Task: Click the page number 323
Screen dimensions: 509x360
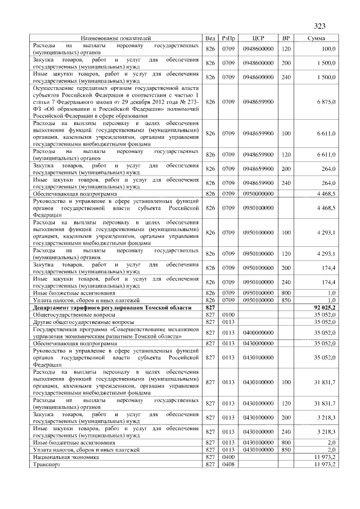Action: tap(320, 25)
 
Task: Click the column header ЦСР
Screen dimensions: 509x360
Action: tap(258, 38)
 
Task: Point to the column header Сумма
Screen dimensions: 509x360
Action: tap(315, 38)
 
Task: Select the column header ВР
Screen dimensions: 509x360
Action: tap(286, 38)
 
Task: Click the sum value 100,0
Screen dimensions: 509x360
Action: tap(328, 49)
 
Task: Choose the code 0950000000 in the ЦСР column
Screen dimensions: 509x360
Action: tap(258, 193)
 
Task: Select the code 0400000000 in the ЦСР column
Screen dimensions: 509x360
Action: tap(258, 333)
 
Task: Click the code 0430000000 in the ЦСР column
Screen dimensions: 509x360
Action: tap(258, 343)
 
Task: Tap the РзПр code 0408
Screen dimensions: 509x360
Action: tap(228, 465)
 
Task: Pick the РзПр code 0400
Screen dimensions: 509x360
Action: tap(228, 458)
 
